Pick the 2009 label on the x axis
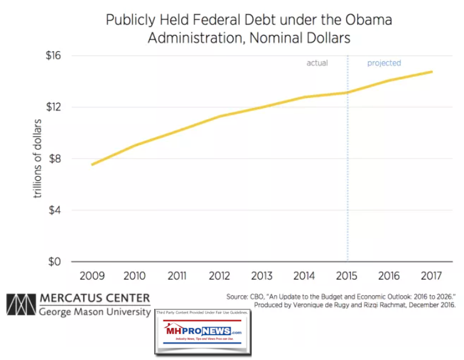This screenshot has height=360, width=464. [x=92, y=275]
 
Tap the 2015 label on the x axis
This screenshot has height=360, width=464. [x=347, y=275]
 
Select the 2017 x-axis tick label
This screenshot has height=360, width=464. [x=432, y=275]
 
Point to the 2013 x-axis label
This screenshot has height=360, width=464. [x=262, y=275]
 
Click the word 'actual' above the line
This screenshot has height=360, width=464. [x=317, y=63]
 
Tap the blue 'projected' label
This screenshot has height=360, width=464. [x=383, y=63]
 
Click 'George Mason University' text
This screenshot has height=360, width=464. [x=94, y=311]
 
